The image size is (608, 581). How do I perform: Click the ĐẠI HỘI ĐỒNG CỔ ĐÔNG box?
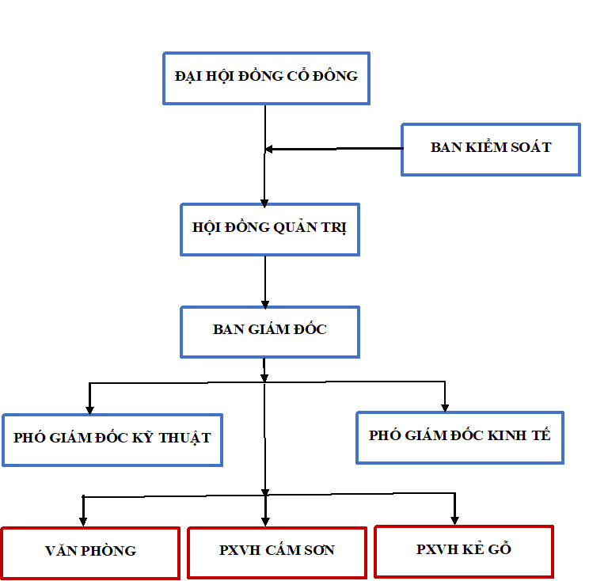click(x=266, y=78)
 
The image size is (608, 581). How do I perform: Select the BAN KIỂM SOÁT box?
click(x=491, y=149)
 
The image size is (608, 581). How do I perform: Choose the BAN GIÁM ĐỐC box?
click(x=270, y=331)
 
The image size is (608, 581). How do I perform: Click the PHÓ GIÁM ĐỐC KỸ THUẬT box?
click(x=112, y=439)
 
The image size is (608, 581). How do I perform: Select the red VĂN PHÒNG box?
click(x=90, y=552)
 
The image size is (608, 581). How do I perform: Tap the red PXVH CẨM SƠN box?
click(x=276, y=552)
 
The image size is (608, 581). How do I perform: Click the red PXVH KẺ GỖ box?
click(x=463, y=550)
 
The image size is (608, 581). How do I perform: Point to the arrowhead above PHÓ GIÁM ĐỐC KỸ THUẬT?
click(x=90, y=408)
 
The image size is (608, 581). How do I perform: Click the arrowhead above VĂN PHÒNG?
click(x=82, y=521)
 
